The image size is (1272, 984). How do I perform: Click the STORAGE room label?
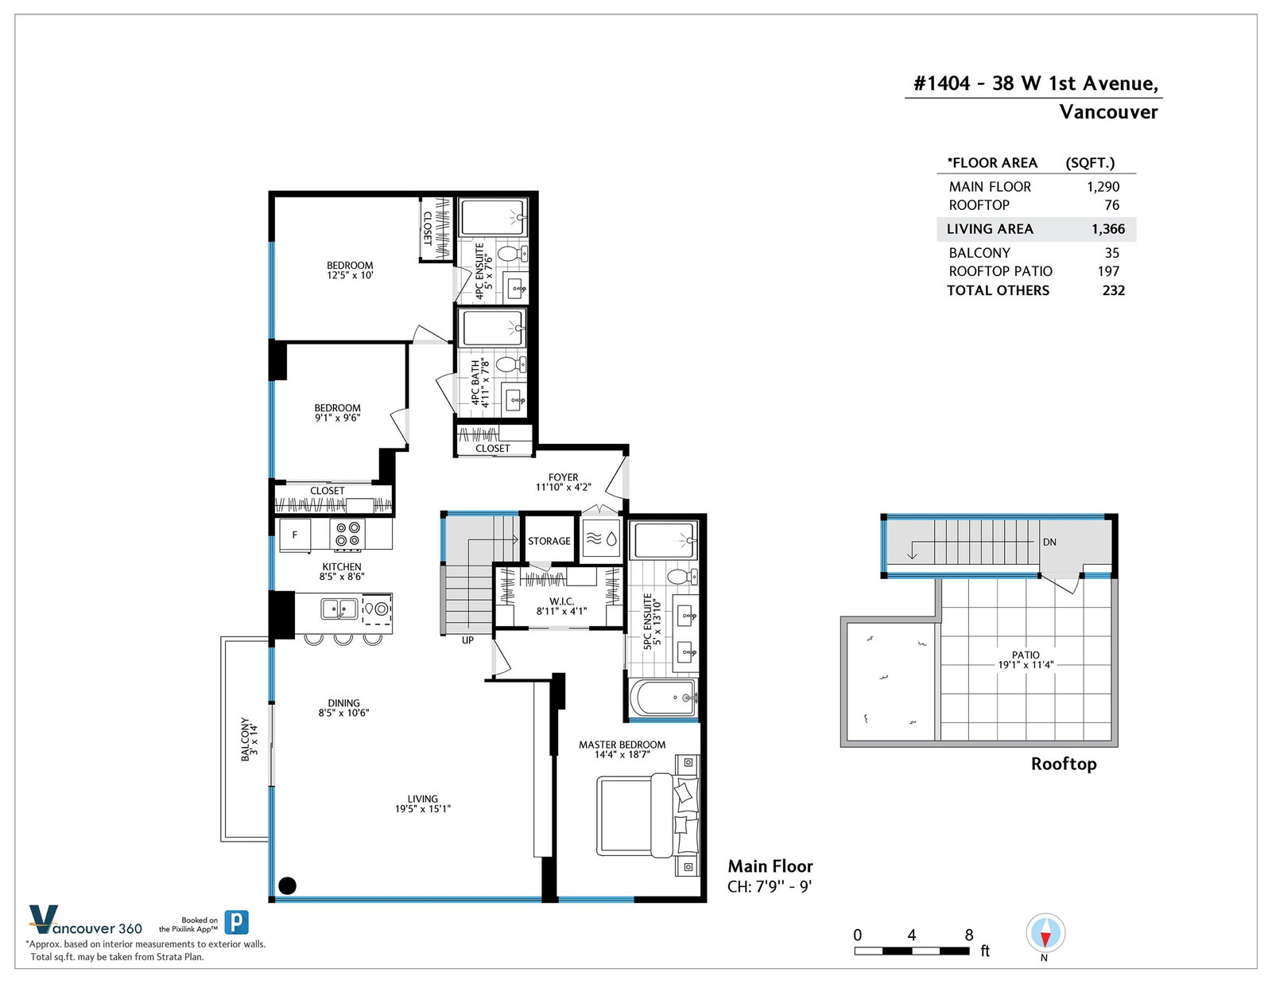[x=549, y=541]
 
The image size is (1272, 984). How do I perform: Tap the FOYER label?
[x=563, y=477]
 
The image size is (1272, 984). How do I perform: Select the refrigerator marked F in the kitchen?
[x=295, y=535]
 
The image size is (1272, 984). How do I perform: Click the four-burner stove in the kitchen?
[x=347, y=535]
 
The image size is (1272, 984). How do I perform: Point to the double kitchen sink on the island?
[x=339, y=609]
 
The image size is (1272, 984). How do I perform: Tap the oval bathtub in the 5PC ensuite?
[x=664, y=698]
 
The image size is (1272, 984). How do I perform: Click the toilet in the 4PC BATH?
[x=511, y=365]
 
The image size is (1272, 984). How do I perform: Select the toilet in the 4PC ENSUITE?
[x=512, y=255]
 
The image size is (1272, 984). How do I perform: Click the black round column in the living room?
[x=288, y=885]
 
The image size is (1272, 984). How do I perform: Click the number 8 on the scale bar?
[x=969, y=935]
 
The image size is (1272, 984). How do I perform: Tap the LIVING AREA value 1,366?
[x=1108, y=229]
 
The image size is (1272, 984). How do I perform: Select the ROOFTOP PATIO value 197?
[x=1109, y=271]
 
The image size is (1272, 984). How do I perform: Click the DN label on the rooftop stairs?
[x=1049, y=543]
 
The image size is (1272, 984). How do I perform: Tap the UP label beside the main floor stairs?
[x=467, y=640]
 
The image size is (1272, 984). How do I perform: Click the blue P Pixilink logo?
[x=237, y=922]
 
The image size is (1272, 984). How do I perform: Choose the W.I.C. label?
[x=562, y=601]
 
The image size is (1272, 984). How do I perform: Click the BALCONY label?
[x=246, y=739]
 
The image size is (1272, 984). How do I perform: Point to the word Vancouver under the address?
[x=1109, y=112]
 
